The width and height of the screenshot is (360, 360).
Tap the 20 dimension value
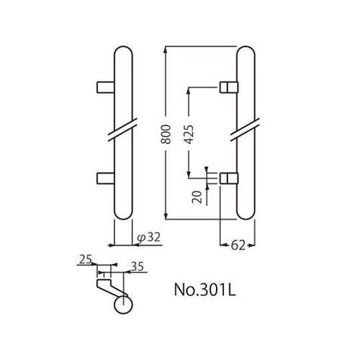tap(198, 197)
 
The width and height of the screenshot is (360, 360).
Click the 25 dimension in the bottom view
tap(84, 259)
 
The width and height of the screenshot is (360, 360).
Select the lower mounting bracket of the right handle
tap(228, 177)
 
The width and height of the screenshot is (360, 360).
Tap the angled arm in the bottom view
tap(110, 290)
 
